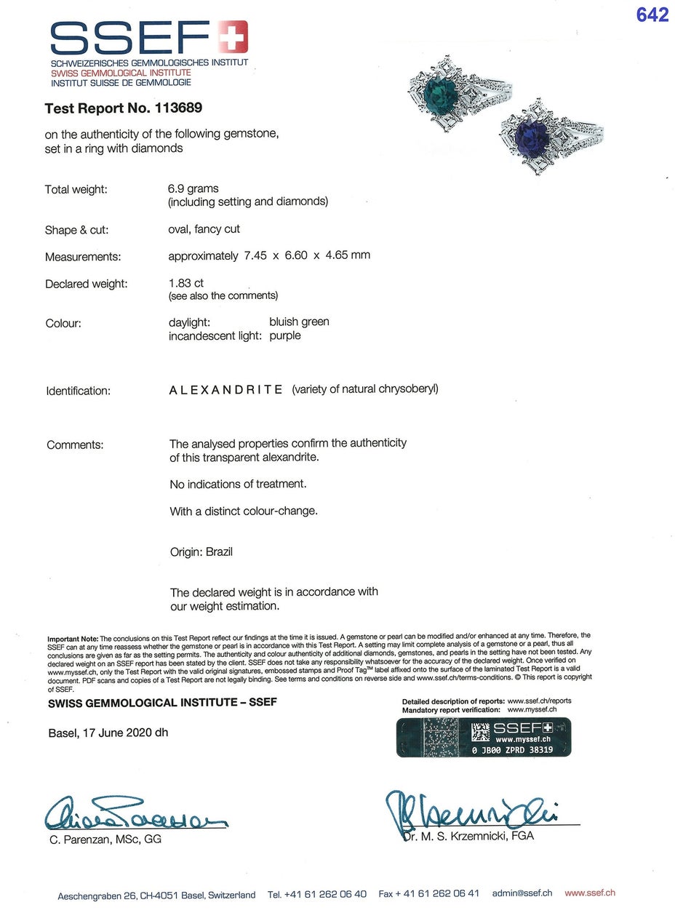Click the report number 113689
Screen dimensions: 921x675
pos(178,108)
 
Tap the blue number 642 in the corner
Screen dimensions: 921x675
pos(652,15)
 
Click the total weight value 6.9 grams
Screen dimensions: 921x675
pos(193,188)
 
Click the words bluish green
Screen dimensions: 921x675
pos(299,322)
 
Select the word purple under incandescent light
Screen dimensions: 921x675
pos(284,335)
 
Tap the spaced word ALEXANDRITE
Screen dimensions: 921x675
pos(226,389)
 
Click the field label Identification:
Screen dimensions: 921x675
pos(79,391)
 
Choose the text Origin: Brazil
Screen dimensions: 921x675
pos(201,551)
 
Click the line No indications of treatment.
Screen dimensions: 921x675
pos(238,484)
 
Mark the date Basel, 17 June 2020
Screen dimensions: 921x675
pos(108,733)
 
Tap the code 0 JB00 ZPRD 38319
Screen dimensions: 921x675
pos(512,749)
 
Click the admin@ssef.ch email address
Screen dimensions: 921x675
pos(522,893)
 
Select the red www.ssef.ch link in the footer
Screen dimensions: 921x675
pos(590,893)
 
